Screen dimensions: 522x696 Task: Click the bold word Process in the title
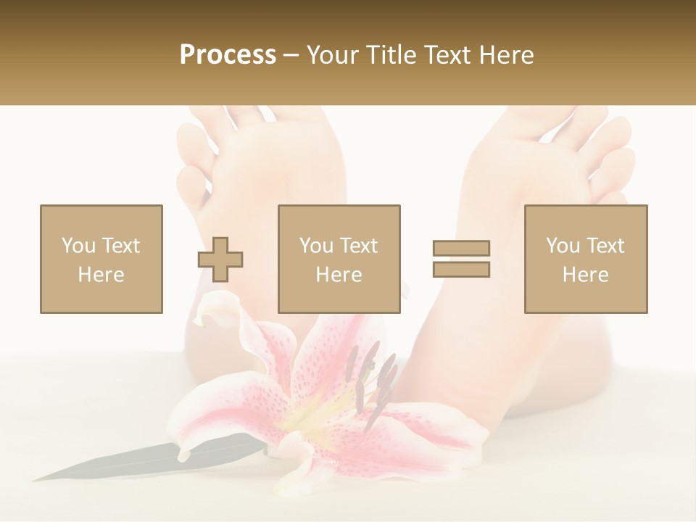[x=228, y=55]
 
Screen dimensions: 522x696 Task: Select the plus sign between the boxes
[x=221, y=260]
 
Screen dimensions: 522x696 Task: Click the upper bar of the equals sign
[x=461, y=248]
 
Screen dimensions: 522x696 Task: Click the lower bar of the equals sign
[x=461, y=269]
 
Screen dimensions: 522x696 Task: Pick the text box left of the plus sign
[x=101, y=259]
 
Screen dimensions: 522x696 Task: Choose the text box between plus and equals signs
[x=339, y=259]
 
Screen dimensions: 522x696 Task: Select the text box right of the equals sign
[x=585, y=259]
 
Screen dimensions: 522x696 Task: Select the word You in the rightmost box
[x=562, y=246]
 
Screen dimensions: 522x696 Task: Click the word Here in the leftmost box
[x=101, y=275]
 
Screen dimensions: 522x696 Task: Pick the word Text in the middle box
[x=359, y=246]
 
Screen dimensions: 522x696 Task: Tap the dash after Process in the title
[x=291, y=56]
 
